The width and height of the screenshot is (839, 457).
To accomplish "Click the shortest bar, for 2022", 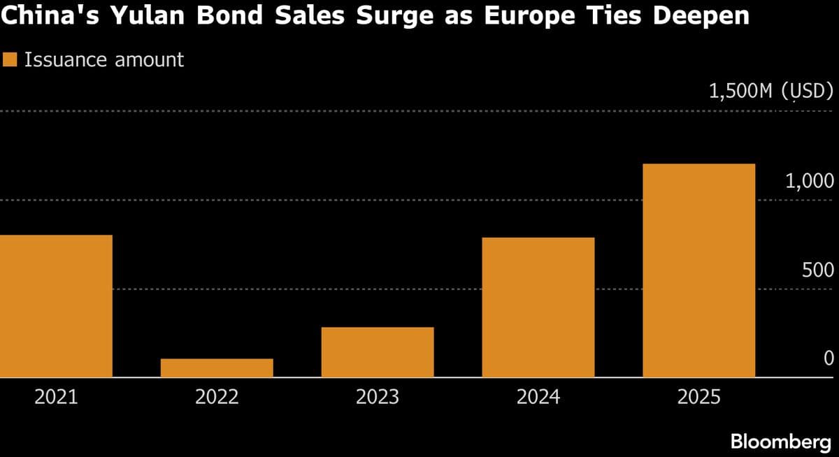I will point(217,368).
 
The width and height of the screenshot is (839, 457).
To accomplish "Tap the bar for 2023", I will point(378,352).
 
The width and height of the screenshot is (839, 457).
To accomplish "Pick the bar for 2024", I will point(538,307).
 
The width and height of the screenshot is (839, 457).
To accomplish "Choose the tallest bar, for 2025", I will point(699,270).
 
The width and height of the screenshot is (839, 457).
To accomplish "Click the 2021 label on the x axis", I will point(56,398).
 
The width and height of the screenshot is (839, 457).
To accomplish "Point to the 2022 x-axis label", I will point(217,398).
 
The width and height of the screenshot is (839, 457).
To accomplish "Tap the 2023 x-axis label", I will point(378,398).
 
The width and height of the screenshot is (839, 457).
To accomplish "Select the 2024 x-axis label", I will point(538,398).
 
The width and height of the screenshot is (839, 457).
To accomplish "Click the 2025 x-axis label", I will point(699,398).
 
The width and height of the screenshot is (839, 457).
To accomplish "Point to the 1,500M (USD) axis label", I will point(771,92).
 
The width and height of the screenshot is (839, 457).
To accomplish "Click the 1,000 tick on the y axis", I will point(810,182).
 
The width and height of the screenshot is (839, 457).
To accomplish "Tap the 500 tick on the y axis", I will point(818,270).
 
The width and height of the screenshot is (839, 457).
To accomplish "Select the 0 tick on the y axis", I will point(829,358).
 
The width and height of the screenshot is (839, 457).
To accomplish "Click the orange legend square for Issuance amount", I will point(10,60).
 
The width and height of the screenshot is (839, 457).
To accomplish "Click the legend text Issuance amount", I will point(104,60).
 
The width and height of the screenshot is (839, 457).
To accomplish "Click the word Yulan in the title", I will point(137,15).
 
